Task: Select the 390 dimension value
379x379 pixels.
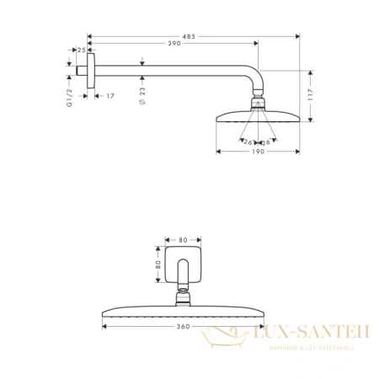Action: pos(174,43)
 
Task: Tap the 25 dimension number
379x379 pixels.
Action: pos(81,50)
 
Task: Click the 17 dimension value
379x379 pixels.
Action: pos(110,96)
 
